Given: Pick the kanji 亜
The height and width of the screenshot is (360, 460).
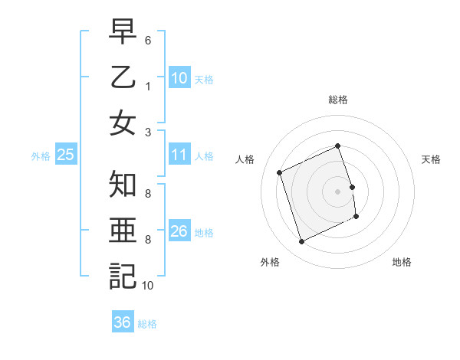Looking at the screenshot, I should coord(123,231).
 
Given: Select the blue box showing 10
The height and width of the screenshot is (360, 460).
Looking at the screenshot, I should coord(179,78).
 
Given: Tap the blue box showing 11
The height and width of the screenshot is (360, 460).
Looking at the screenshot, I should coord(179,155).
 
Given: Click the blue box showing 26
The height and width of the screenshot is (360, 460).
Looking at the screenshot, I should coord(179,231).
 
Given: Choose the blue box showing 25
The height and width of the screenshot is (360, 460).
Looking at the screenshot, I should coord(66,155).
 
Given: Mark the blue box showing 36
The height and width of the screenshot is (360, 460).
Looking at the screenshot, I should coord(123,322).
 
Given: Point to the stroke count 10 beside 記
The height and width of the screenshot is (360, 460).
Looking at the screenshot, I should coord(147,286).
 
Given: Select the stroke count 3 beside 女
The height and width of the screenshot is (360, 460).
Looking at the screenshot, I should coord(148,131).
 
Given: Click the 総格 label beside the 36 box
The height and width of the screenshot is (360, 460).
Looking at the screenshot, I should coord(147,324).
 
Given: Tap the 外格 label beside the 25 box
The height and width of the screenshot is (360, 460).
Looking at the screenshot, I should coord(41,156).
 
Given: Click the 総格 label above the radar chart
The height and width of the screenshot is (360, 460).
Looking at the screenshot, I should coord(338,100).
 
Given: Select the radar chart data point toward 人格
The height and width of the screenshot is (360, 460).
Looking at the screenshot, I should coord(280,172).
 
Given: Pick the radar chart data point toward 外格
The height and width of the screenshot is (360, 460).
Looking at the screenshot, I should coord(301,242).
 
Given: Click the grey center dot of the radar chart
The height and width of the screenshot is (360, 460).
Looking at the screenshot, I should coord(338,191).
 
